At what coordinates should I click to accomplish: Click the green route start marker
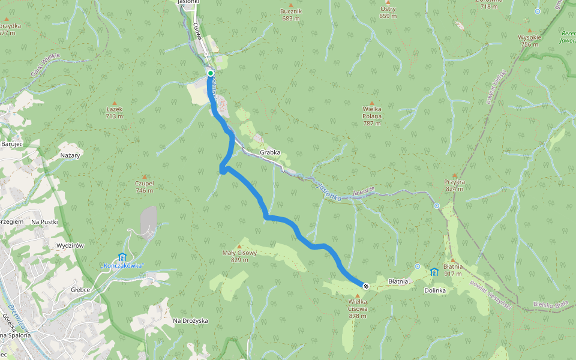point(211,73)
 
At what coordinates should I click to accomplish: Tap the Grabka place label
point(270,152)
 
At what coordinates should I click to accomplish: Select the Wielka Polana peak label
point(372,116)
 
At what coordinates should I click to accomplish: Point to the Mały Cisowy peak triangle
point(239,246)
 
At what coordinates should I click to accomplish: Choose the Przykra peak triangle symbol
point(455,175)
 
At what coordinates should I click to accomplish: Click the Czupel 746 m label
point(145,187)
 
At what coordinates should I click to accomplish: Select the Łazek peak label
point(114,112)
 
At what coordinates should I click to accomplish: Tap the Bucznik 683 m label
point(291,14)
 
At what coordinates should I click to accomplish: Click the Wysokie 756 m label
point(529,40)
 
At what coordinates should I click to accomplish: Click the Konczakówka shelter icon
point(123,257)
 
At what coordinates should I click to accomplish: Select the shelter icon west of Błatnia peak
point(434,272)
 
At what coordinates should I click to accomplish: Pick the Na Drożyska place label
point(190,320)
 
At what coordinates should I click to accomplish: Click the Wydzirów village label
point(69,246)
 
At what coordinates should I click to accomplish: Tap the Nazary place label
point(70,155)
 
